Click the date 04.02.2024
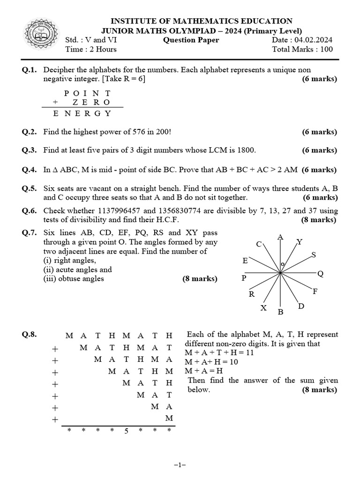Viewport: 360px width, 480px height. tap(314, 40)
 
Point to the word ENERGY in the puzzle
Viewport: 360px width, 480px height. tap(82, 113)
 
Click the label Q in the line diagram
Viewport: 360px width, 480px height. tap(320, 274)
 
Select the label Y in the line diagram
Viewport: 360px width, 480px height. tap(300, 242)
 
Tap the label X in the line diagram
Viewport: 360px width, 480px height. tap(263, 308)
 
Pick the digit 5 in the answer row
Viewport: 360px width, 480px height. tap(126, 431)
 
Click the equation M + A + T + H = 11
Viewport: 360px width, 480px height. tap(219, 352)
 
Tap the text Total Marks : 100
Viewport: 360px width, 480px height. tap(302, 49)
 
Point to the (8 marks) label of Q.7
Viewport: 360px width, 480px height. tap(200, 279)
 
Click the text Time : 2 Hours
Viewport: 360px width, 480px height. tap(91, 49)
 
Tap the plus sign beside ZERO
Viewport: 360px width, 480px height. tap(55, 102)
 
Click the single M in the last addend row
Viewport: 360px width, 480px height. tap(169, 418)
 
